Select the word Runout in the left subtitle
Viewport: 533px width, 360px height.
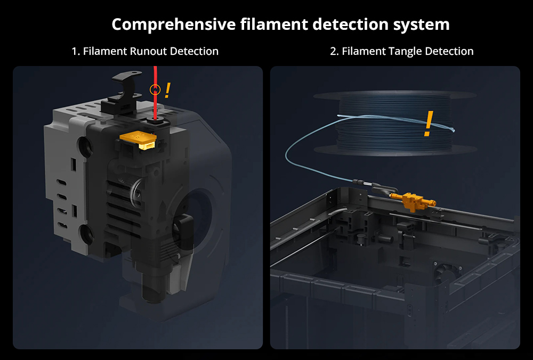pyautogui.click(x=148, y=51)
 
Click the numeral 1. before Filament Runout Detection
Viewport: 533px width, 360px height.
pyautogui.click(x=76, y=51)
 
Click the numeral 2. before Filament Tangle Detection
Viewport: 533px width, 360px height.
pyautogui.click(x=335, y=51)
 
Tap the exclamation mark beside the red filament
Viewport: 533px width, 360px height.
pyautogui.click(x=167, y=91)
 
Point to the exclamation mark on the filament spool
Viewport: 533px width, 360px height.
pyautogui.click(x=429, y=123)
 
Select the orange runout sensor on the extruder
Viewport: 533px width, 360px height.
pyautogui.click(x=139, y=140)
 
